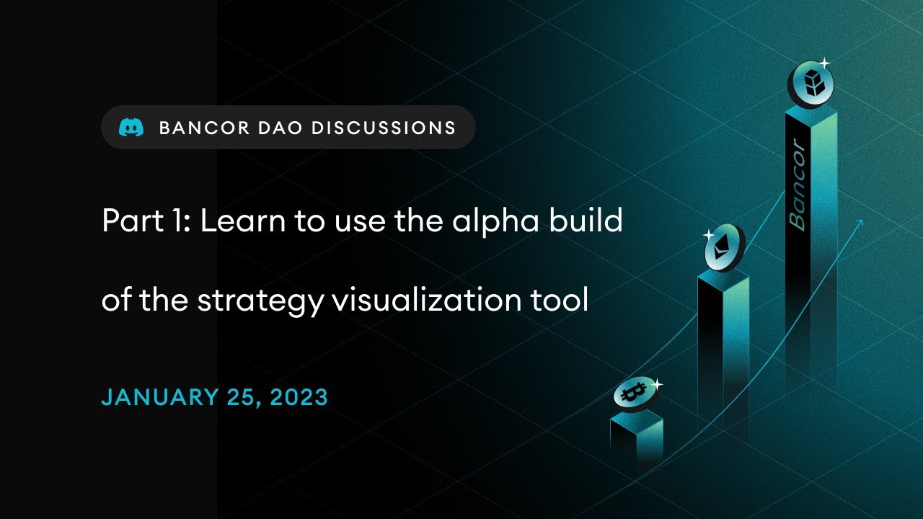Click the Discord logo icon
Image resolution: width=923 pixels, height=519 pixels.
coord(131,128)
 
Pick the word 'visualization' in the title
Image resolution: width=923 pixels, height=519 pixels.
coord(429,300)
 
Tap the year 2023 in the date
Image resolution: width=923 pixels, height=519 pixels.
coord(299,397)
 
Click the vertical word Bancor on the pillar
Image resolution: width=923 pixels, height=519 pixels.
coord(797,185)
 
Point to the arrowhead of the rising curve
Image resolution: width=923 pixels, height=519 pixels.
coord(860,223)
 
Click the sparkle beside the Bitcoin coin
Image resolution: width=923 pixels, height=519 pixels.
coord(656,385)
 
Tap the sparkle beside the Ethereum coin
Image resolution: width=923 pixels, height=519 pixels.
coord(708,235)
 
